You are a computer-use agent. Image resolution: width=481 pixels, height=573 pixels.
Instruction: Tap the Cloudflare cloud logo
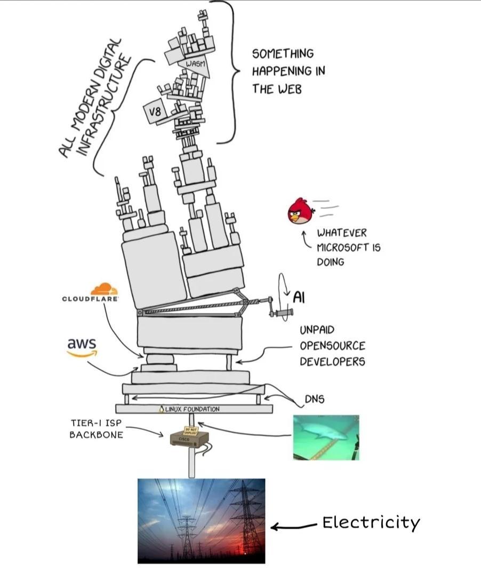coord(104,290)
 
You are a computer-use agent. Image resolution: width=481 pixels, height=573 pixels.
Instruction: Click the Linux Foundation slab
coord(193,409)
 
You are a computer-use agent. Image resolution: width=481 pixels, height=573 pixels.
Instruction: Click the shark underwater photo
coord(326,437)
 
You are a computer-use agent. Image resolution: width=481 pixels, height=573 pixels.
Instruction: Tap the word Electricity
coord(371,522)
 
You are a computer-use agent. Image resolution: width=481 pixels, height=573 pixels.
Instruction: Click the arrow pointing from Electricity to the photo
coord(293,527)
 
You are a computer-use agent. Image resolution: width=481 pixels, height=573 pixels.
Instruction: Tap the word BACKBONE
coord(96,434)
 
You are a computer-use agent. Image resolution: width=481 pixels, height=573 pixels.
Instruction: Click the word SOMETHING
coord(283,54)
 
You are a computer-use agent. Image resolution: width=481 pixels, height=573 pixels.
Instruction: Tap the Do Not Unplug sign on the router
coord(190,431)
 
